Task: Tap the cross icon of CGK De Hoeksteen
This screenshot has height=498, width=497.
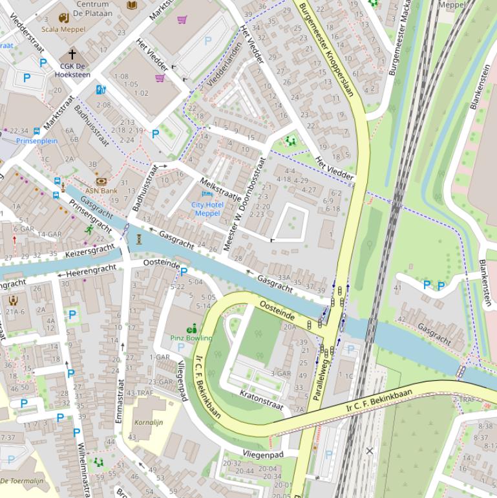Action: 72,54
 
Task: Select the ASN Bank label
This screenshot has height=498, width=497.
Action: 101,191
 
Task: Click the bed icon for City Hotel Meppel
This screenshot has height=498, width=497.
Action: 207,193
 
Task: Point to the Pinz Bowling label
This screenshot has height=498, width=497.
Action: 191,338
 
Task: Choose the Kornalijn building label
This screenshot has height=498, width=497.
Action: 149,422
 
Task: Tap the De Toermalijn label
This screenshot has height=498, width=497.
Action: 21,481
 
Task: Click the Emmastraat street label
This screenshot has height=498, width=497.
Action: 119,401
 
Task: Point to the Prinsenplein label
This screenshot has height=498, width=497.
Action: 37,140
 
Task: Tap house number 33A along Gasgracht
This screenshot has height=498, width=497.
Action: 284,276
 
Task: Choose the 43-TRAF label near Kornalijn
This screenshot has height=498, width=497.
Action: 140,393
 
